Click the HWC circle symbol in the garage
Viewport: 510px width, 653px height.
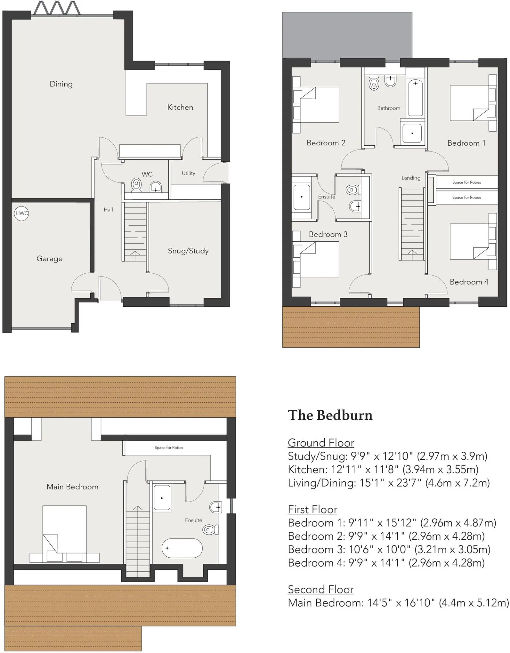22,213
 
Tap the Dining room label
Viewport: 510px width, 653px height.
61,84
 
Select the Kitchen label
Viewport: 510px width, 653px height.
180,107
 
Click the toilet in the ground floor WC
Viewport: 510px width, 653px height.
137,185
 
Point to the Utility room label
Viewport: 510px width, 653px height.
188,173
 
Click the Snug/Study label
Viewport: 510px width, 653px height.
188,251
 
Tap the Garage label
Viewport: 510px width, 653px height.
49,259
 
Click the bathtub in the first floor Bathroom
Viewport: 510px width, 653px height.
415,98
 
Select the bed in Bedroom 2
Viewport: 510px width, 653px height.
316,105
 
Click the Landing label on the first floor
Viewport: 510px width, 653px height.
411,178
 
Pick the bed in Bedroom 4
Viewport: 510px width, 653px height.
469,241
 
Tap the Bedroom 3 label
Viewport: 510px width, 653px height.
328,234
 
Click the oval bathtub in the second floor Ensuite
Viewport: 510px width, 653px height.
182,548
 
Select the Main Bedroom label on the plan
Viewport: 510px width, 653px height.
72,487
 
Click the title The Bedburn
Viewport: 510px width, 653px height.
330,415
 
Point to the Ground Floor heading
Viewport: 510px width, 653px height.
321,443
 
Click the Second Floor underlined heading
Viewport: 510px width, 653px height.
321,590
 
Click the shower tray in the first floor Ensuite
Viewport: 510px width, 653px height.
301,197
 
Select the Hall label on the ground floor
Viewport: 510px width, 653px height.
108,209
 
